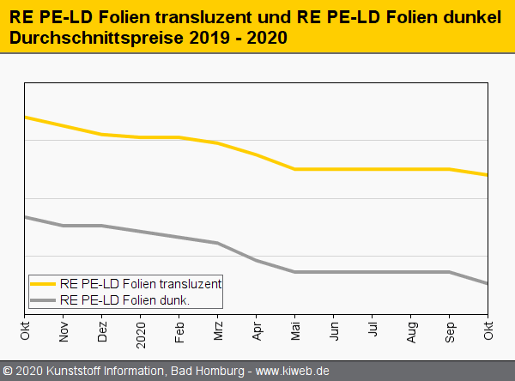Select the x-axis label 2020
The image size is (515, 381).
tap(141, 330)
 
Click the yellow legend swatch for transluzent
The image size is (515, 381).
tap(44, 282)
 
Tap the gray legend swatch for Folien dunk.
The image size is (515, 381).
tap(44, 299)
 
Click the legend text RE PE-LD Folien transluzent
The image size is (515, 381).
tap(141, 282)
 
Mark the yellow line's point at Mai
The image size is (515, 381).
tap(295, 169)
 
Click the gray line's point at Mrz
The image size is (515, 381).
tap(218, 243)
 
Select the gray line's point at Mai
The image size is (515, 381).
tap(295, 272)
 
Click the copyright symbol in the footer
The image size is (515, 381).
tap(8, 372)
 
